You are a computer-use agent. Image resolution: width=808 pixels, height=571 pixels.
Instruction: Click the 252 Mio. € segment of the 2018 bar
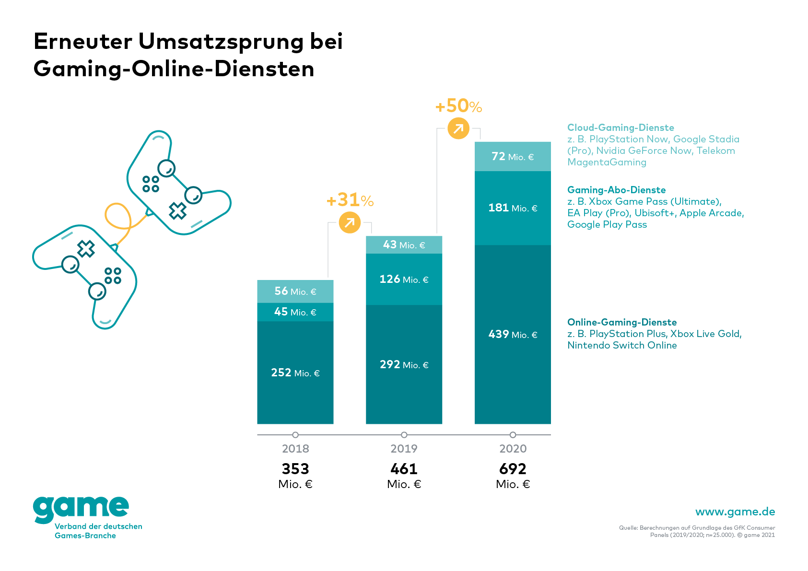pyautogui.click(x=295, y=373)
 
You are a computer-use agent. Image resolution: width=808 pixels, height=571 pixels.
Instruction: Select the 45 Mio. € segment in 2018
pyautogui.click(x=295, y=312)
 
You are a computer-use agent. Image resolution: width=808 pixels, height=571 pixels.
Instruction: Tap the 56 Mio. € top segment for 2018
pyautogui.click(x=295, y=291)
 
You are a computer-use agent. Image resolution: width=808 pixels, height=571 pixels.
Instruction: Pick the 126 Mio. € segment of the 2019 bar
pyautogui.click(x=404, y=279)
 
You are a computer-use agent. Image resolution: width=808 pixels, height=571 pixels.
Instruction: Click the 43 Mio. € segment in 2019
pyautogui.click(x=404, y=245)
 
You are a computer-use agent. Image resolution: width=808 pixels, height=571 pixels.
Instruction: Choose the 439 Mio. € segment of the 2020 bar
pyautogui.click(x=513, y=334)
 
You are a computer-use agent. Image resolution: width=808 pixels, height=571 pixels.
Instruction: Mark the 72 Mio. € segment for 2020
pyautogui.click(x=513, y=157)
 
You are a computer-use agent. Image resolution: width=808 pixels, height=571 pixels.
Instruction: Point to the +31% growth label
pyautogui.click(x=350, y=200)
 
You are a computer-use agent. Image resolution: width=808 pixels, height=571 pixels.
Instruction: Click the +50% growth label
pyautogui.click(x=458, y=106)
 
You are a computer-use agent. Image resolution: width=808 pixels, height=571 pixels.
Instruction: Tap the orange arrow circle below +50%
pyautogui.click(x=458, y=128)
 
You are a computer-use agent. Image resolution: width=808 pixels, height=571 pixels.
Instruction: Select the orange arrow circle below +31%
pyautogui.click(x=350, y=222)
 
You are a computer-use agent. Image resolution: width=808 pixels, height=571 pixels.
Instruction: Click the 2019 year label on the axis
pyautogui.click(x=404, y=449)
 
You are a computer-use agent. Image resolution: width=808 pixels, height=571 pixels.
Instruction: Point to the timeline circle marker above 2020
pyautogui.click(x=513, y=435)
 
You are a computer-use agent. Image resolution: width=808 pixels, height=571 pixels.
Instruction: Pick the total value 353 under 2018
pyautogui.click(x=295, y=468)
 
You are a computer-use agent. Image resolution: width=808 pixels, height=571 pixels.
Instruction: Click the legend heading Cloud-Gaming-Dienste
pyautogui.click(x=621, y=128)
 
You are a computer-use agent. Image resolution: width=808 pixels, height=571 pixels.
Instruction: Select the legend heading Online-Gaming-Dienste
pyautogui.click(x=622, y=322)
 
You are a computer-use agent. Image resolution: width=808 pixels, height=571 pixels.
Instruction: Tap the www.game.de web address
pyautogui.click(x=735, y=512)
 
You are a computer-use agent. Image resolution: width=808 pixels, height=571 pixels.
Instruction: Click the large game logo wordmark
pyautogui.click(x=81, y=509)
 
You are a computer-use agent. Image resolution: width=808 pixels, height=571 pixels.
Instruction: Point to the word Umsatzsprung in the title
pyautogui.click(x=221, y=42)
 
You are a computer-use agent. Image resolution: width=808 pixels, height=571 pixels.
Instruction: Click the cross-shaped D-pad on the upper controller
pyautogui.click(x=177, y=210)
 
